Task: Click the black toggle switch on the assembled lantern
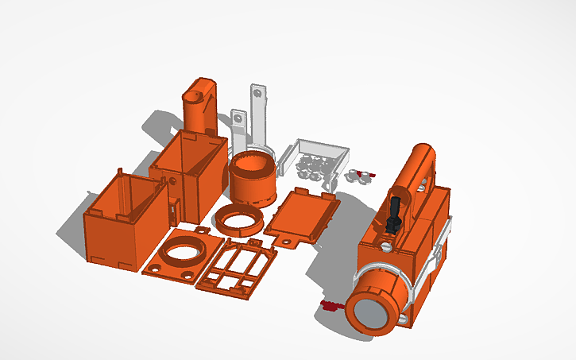pos(393,215)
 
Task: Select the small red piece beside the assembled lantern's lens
pos(327,304)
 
